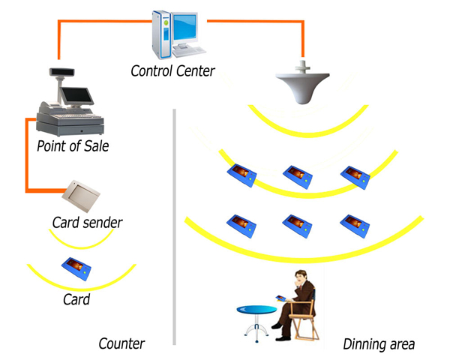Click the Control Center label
172,72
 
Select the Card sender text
87,223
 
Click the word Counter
121,344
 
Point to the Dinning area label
379,345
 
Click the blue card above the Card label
77,267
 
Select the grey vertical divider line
174,225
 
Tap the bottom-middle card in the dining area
298,224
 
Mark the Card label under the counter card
76,300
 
